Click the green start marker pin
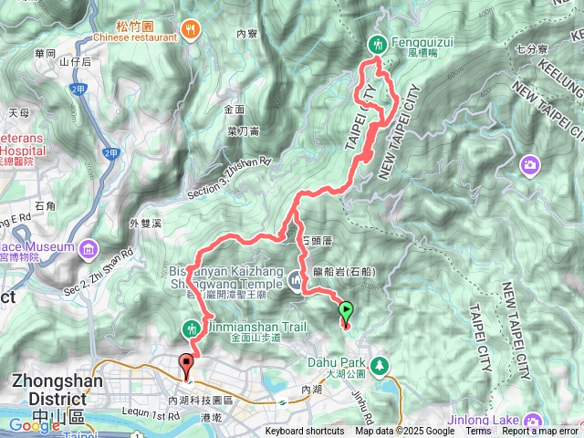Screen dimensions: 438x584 (346, 312)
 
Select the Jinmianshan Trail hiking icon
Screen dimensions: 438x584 (192, 327)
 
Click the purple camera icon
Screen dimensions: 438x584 (529, 164)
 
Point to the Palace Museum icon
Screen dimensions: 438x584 (87, 248)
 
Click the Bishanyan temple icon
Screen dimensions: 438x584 (296, 284)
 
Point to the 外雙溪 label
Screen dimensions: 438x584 (146, 223)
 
